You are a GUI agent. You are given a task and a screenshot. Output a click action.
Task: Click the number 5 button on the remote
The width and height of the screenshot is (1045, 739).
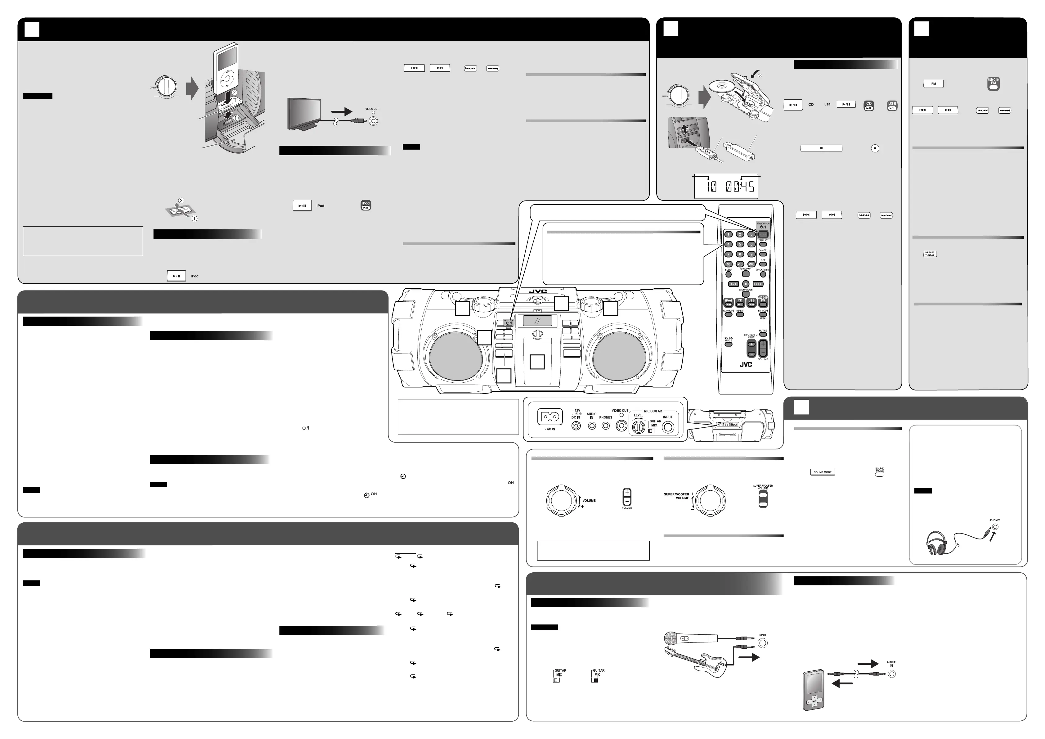[740, 244]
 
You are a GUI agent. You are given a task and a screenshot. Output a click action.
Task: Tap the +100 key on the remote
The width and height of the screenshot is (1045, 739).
[751, 264]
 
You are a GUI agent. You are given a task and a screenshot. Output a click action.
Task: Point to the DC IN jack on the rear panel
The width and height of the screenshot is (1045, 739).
[576, 426]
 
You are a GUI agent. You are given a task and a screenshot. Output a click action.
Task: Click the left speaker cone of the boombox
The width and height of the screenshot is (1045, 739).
[456, 354]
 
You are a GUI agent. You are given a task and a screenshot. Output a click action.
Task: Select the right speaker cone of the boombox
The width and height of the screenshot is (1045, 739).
[619, 354]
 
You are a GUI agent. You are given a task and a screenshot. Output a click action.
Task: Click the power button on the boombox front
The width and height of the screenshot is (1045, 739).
[509, 323]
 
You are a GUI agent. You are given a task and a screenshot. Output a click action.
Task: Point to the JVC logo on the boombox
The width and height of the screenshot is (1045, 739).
[537, 291]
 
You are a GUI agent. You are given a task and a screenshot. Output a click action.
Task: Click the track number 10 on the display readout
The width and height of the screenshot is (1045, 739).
[711, 186]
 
